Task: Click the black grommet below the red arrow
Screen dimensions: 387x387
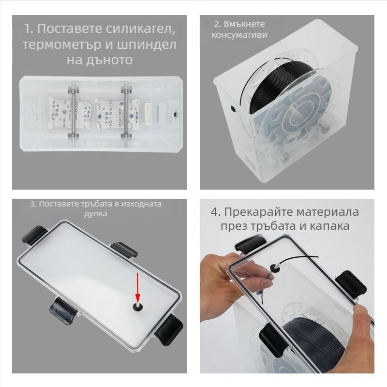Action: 137,306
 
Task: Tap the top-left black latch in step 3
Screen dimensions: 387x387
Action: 30,235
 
